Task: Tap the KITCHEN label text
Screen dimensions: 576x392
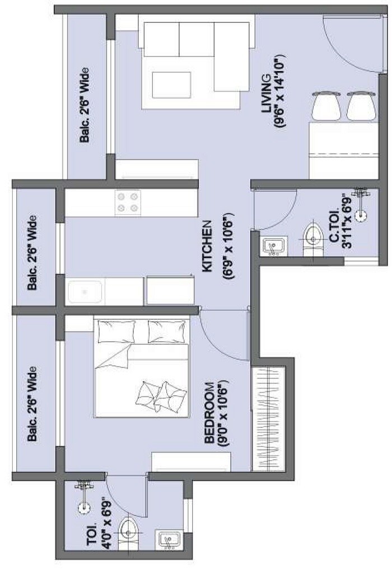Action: tap(207, 246)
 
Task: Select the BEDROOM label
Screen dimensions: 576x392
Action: tap(209, 413)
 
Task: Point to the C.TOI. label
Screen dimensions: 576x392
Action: tap(334, 230)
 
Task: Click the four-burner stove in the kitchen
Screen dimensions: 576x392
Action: tap(128, 202)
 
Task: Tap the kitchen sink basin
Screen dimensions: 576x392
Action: tap(85, 291)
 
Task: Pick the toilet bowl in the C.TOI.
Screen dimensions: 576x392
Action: tap(311, 238)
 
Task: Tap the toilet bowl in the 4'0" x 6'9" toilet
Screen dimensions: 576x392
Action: tap(130, 528)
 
